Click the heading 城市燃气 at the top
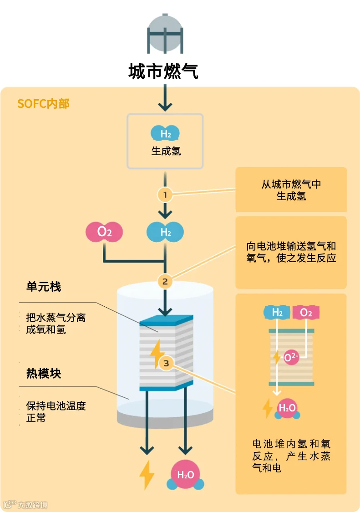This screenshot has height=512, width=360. click(x=163, y=71)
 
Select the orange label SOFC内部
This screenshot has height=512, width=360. click(x=43, y=103)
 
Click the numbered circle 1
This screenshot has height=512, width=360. click(x=165, y=195)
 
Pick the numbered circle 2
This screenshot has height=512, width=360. click(x=165, y=281)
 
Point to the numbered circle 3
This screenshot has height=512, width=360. click(x=166, y=363)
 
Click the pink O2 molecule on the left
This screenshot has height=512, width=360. click(x=104, y=232)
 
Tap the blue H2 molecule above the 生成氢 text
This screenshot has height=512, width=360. click(x=165, y=133)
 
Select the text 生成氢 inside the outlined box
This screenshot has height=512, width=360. click(x=166, y=151)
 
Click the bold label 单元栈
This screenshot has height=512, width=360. click(x=43, y=287)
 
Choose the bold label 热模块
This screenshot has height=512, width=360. click(x=43, y=374)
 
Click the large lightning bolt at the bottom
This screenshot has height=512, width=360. click(x=147, y=475)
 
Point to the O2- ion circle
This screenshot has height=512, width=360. click(x=291, y=358)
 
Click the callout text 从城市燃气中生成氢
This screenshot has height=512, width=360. click(x=291, y=190)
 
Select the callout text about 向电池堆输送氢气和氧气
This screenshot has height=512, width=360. click(x=291, y=252)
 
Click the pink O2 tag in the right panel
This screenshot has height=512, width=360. click(x=306, y=313)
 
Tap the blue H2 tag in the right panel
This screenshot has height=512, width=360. click(x=277, y=313)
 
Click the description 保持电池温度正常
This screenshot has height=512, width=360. click(x=56, y=411)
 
